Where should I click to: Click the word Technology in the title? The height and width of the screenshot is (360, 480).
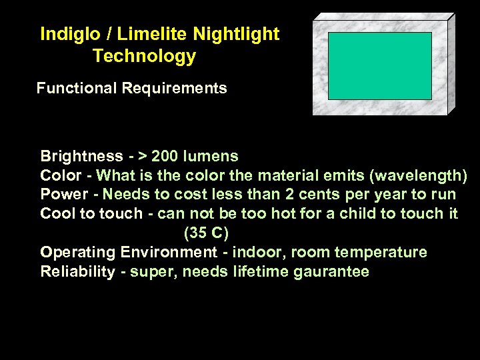pos(145,56)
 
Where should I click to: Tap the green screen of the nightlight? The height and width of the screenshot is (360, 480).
pos(380,65)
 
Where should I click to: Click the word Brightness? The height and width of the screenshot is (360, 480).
pos(81,157)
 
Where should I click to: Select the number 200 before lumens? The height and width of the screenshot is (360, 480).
pos(165,157)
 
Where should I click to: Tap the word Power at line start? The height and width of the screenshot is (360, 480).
pos(64,195)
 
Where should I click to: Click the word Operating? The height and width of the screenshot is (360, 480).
pos(78,253)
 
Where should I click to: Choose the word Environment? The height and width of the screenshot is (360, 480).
pos(169,253)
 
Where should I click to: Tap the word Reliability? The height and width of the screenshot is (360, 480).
pos(77,272)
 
